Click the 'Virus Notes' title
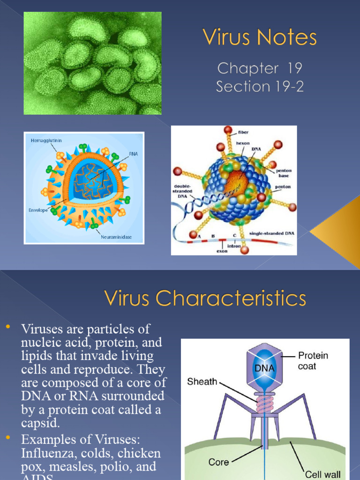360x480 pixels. [260, 38]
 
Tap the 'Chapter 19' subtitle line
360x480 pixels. [260, 68]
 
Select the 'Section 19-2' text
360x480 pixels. [260, 86]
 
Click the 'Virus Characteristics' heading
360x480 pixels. [205, 298]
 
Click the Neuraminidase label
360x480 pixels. [116, 237]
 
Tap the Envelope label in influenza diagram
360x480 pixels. [38, 210]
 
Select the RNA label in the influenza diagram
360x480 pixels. [133, 153]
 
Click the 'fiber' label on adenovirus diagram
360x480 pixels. [243, 132]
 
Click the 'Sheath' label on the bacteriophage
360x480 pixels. [202, 382]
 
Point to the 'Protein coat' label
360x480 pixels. [313, 360]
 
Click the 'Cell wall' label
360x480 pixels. [323, 474]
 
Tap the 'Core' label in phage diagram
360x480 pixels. [218, 462]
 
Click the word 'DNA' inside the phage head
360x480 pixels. [264, 368]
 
